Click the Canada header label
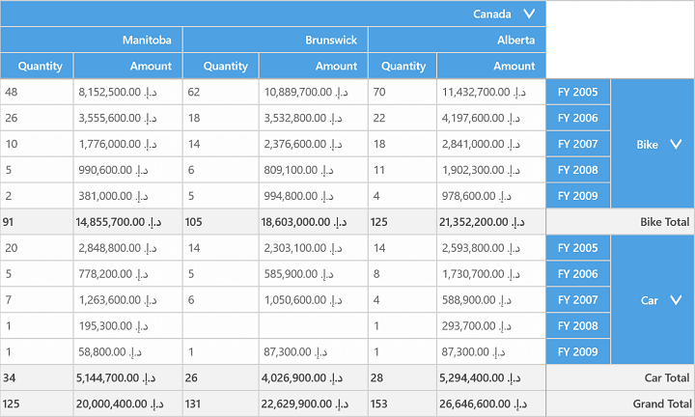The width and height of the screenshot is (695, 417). click(x=491, y=14)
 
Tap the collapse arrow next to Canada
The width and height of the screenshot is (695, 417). click(x=529, y=14)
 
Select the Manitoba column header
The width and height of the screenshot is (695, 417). click(x=147, y=40)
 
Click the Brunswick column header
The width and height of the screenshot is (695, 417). click(x=331, y=40)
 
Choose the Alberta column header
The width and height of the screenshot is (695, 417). click(x=515, y=40)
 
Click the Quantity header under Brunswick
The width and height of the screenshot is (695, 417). click(x=225, y=66)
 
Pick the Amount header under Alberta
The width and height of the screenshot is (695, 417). click(x=514, y=66)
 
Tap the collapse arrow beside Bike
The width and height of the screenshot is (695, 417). click(x=676, y=144)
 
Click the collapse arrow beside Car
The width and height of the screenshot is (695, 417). click(x=676, y=300)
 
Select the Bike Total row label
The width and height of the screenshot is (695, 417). click(x=664, y=222)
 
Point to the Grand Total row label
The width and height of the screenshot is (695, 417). click(x=662, y=403)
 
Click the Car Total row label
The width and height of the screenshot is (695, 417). click(x=667, y=377)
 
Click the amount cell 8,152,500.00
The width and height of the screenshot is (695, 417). click(x=118, y=92)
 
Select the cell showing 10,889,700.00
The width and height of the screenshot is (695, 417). click(x=306, y=92)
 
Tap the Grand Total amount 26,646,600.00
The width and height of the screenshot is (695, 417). click(x=483, y=403)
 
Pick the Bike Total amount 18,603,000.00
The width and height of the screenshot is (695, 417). click(x=304, y=222)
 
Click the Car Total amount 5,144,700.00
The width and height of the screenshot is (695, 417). click(x=116, y=377)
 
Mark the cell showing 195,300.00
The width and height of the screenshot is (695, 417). click(x=114, y=326)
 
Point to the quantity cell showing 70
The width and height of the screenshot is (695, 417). click(x=379, y=92)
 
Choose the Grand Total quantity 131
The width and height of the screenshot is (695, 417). click(x=193, y=403)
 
